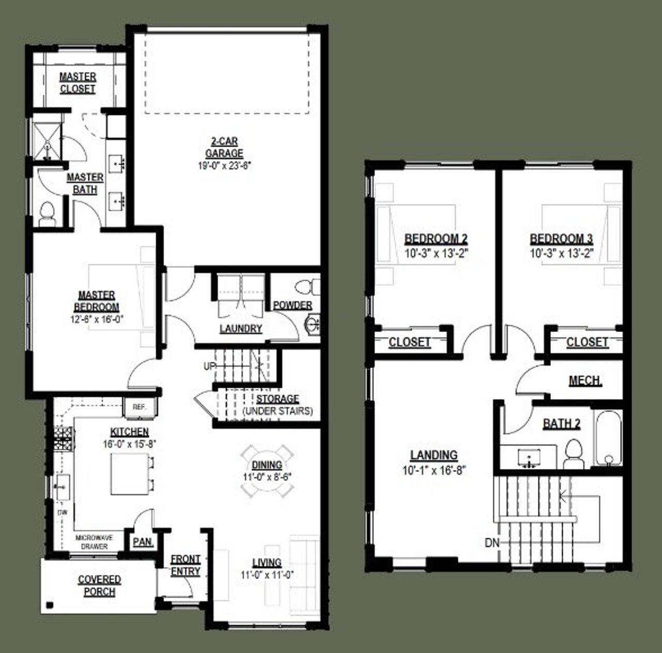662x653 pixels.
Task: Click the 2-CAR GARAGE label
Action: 224,147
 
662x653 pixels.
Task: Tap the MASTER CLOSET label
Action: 78,83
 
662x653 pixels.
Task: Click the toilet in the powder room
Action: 308,286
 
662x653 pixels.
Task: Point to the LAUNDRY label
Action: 240,328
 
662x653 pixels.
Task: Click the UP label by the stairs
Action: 209,366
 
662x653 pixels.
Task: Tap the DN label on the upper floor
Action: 492,543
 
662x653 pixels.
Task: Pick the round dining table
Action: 267,470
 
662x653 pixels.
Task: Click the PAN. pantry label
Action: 142,542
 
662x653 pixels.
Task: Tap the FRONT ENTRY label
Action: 185,565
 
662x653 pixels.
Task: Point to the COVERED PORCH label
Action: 99,586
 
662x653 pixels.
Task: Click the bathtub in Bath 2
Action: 608,439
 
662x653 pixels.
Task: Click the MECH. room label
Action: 585,381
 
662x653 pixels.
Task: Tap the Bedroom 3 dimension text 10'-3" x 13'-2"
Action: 561,253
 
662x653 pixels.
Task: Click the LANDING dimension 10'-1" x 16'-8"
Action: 434,470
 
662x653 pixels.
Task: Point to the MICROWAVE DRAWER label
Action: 94,542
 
